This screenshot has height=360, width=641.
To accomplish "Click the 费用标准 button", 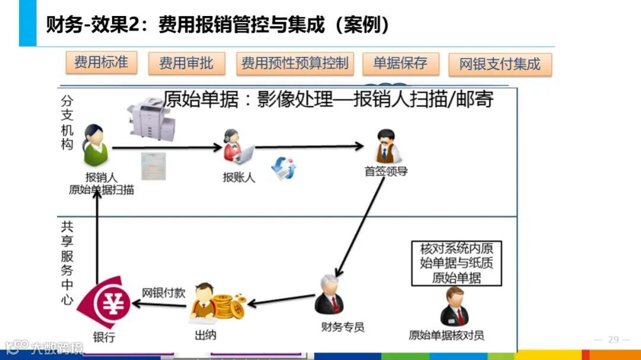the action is pos(101,62).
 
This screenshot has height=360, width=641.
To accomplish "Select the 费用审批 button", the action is pos(186,63).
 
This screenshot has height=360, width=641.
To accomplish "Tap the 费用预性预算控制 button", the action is pos(294,63).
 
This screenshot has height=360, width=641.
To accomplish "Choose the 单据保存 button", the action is pos(400,63).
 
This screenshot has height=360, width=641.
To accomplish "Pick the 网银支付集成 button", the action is pos(500,65).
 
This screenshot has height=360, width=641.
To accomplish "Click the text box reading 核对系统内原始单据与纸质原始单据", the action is pos(456,263).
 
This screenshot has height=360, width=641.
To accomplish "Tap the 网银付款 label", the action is pos(163,292).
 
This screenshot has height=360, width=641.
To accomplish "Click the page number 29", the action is pos(613,340).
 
